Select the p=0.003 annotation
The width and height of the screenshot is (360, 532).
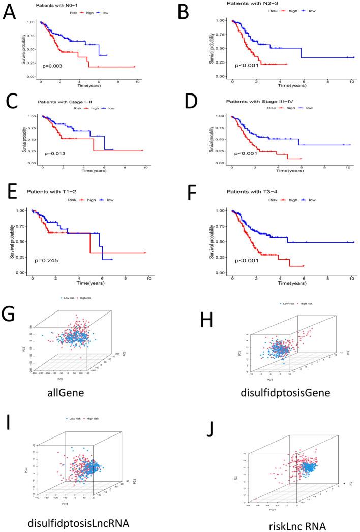coord(51,66)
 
